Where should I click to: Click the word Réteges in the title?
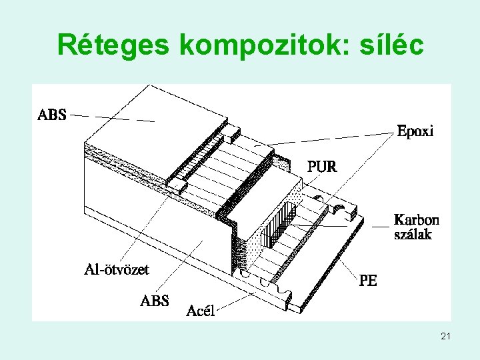113,45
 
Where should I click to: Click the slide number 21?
445,338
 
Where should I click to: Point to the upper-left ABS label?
52,115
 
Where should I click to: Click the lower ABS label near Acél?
155,301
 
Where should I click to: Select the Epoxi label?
415,131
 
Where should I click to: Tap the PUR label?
322,167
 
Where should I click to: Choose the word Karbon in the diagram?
417,220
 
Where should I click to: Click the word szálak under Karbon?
413,234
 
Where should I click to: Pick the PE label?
368,281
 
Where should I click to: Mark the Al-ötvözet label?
117,269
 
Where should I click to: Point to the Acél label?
200,311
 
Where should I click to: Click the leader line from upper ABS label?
113,118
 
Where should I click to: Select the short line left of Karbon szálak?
380,227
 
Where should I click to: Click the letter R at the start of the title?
67,45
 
